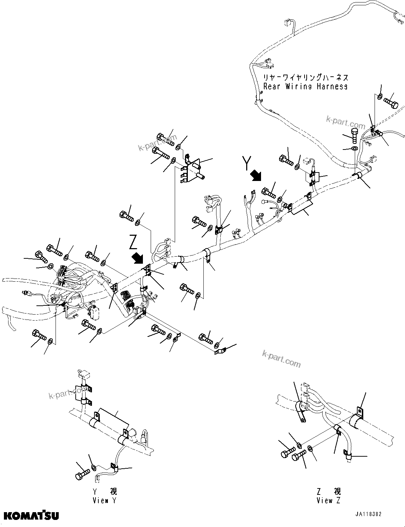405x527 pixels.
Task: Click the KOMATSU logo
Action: pos(31,515)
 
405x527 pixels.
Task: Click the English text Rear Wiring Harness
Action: pos(305,87)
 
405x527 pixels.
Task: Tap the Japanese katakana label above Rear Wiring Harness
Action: pos(305,77)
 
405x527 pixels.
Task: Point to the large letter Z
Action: pos(133,242)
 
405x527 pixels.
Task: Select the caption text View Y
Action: pos(104,500)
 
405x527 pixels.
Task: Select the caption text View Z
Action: pos(329,500)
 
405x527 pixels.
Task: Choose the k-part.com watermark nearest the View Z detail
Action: pos(282,358)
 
